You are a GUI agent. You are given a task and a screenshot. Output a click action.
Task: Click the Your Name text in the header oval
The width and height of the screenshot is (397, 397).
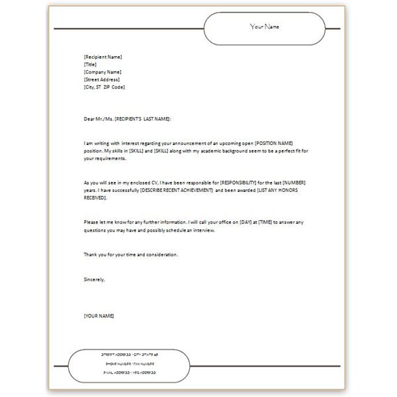tap(265, 26)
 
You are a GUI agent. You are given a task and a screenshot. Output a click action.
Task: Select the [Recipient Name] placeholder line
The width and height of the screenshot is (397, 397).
tap(103, 57)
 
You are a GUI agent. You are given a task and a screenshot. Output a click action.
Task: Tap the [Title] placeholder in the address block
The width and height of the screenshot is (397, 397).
tap(90, 64)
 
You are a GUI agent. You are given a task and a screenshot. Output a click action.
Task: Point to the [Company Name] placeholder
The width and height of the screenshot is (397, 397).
tap(102, 72)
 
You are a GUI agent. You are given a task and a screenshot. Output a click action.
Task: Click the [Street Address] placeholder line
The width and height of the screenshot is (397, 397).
tap(101, 79)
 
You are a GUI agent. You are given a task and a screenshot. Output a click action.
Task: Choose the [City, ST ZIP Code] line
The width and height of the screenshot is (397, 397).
tap(104, 87)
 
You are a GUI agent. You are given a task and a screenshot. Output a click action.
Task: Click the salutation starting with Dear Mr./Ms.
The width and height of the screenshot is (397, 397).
tap(127, 118)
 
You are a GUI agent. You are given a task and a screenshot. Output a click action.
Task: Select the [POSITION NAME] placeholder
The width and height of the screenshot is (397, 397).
tap(273, 144)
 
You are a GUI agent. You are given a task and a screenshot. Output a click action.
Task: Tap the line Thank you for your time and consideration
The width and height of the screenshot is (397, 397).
tap(130, 255)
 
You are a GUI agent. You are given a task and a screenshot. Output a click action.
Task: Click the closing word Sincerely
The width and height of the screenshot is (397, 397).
tap(94, 279)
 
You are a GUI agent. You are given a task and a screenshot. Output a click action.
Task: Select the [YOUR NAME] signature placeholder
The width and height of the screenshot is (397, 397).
tap(99, 316)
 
